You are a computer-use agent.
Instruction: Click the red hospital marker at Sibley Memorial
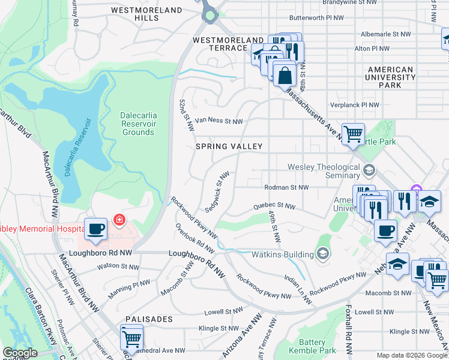coord(119,220)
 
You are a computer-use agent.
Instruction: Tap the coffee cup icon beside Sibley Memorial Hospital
coord(95,229)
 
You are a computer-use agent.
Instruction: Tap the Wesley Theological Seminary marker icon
coord(369,171)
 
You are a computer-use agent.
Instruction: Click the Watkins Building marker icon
coord(323,254)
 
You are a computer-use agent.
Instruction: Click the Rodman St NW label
coord(286,187)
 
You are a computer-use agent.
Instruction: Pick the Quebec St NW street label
coord(274,206)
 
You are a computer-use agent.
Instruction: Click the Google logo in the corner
coord(19,353)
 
